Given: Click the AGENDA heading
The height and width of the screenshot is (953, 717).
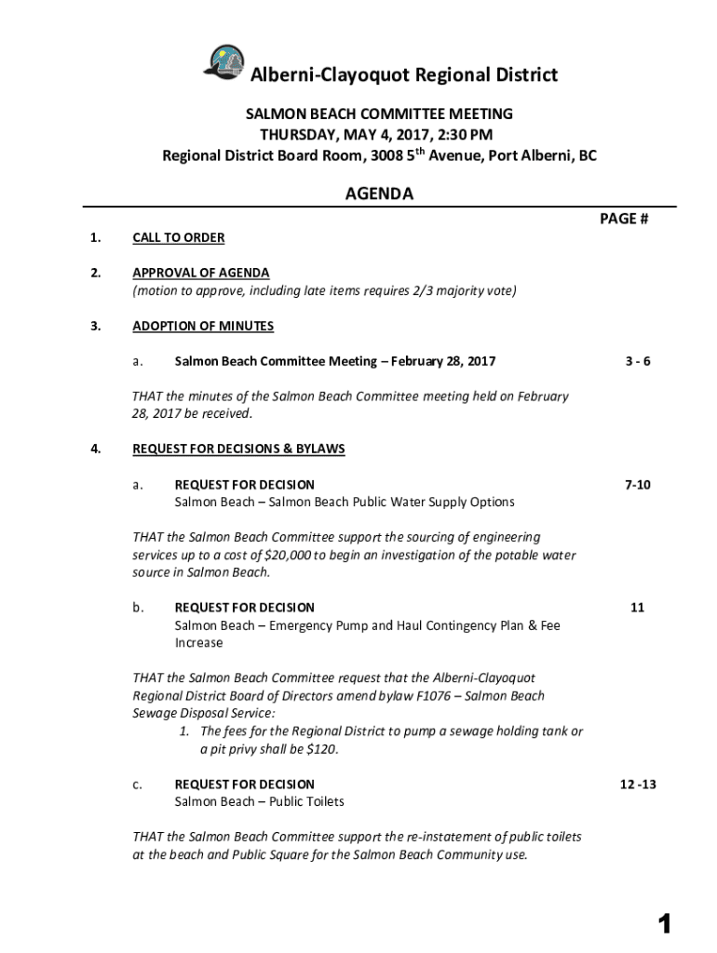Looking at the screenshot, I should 379,195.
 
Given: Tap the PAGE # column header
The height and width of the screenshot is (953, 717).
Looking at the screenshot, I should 624,220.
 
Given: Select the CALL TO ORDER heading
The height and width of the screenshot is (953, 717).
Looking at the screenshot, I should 178,237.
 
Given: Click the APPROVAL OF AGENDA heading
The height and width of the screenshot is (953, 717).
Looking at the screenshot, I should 200,273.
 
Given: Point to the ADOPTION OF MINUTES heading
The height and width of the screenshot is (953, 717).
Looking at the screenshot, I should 203,326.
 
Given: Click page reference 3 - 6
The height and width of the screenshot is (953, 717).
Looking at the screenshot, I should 638,361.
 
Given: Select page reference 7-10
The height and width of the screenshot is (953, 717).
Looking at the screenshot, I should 638,485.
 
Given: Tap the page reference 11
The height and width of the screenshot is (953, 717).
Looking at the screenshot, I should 638,608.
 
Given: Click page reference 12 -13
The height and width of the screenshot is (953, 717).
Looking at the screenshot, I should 638,785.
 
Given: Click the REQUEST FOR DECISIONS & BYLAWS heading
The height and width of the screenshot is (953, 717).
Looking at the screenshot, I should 238,449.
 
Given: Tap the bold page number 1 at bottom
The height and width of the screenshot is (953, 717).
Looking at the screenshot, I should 664,923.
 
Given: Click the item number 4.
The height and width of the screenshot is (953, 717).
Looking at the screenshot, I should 94,449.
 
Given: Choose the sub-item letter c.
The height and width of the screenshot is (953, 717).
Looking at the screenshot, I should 137,785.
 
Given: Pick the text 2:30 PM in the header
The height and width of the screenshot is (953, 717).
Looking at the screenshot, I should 466,135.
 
